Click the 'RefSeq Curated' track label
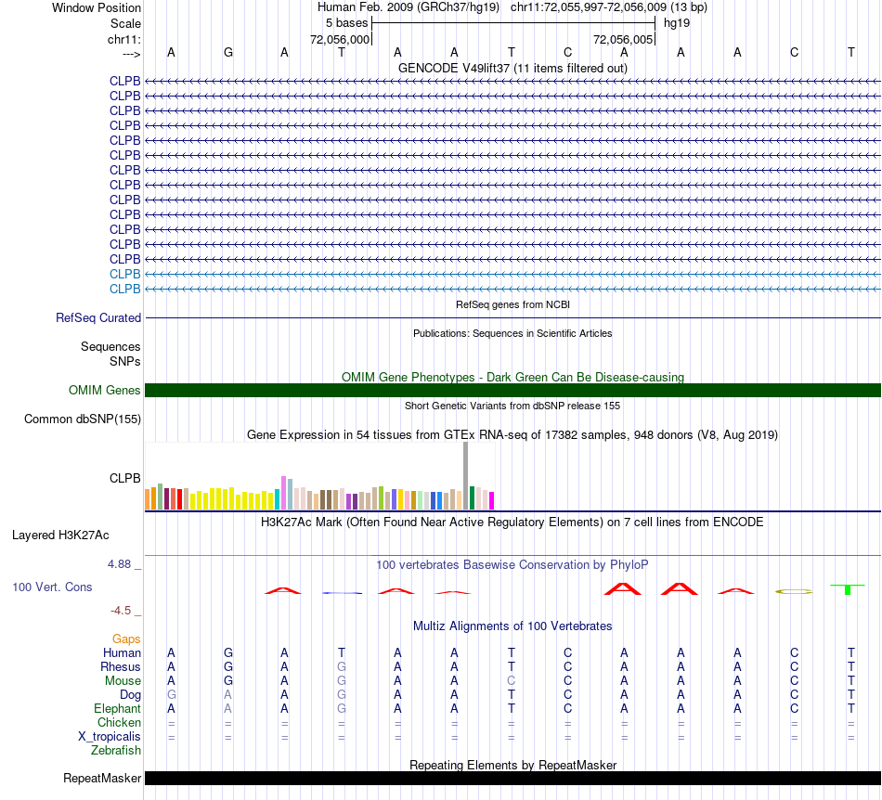pyautogui.click(x=98, y=317)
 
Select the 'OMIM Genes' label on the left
pyautogui.click(x=105, y=391)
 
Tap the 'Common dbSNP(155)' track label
pyautogui.click(x=83, y=419)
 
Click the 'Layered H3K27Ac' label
pyautogui.click(x=60, y=535)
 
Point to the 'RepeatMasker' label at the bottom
pyautogui.click(x=102, y=778)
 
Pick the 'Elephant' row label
pyautogui.click(x=117, y=708)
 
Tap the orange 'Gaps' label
pyautogui.click(x=126, y=639)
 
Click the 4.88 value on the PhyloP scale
pyautogui.click(x=124, y=564)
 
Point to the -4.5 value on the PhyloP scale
pyautogui.click(x=126, y=611)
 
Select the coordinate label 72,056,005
pyautogui.click(x=623, y=39)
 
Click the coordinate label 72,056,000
pyautogui.click(x=340, y=39)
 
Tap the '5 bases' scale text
pyautogui.click(x=346, y=22)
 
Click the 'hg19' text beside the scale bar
pyautogui.click(x=676, y=22)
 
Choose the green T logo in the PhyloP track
pyautogui.click(x=848, y=589)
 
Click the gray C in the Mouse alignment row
pyautogui.click(x=511, y=680)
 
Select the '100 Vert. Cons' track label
pyautogui.click(x=53, y=587)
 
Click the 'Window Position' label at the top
pyautogui.click(x=97, y=7)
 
